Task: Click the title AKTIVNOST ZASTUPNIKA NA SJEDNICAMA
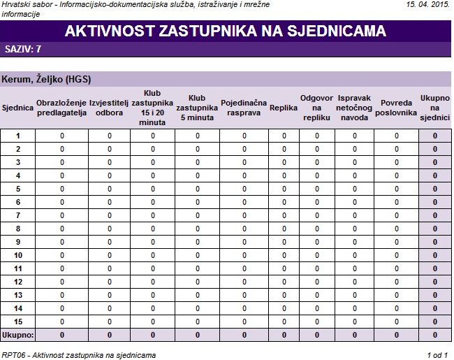pos(225,31)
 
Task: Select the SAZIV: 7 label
pos(23,50)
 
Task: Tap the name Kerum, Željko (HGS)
pos(47,79)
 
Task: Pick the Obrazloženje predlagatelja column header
pos(61,108)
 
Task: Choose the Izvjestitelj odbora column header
pos(110,108)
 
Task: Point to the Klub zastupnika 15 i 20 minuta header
pos(152,108)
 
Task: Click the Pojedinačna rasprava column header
pos(244,108)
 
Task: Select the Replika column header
pos(284,108)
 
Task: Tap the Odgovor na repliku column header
pos(316,108)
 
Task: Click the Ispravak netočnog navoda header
pos(354,108)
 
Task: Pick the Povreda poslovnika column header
pos(396,108)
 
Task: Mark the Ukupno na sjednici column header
pos(434,108)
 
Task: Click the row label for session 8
pos(18,229)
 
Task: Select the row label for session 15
pos(18,322)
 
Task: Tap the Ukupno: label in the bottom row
pos(18,335)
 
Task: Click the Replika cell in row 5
pos(284,189)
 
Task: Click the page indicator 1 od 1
pos(437,355)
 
